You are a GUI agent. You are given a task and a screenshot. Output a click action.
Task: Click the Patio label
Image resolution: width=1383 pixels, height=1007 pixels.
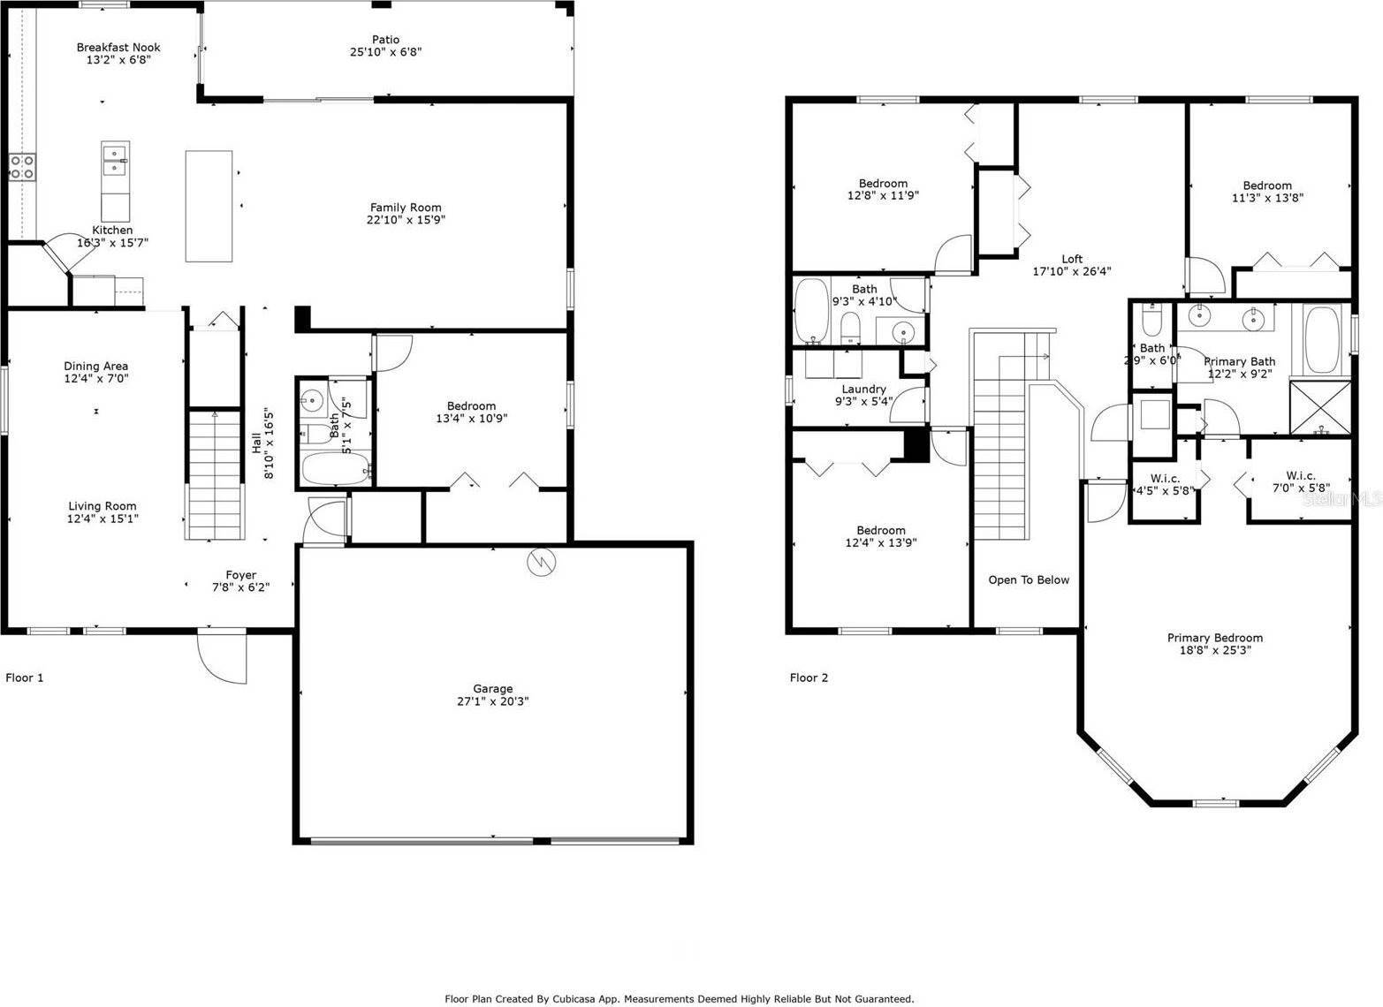(x=385, y=40)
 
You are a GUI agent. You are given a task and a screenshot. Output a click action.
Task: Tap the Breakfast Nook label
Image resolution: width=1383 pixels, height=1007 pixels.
(x=118, y=48)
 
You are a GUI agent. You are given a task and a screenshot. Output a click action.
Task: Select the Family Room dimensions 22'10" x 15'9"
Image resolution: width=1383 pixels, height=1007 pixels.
(x=407, y=220)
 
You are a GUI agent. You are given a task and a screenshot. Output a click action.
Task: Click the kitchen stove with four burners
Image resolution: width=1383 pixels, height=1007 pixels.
(x=22, y=167)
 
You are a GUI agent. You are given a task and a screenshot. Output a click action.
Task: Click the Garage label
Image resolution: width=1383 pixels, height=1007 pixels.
(x=492, y=689)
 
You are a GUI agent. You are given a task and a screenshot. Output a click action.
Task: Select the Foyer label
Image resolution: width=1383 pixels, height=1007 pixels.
(x=240, y=575)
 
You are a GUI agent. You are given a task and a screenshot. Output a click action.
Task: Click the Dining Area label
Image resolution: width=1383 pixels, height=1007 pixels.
(x=95, y=366)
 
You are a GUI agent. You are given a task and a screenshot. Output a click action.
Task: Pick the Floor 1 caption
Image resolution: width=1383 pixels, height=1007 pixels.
(x=25, y=678)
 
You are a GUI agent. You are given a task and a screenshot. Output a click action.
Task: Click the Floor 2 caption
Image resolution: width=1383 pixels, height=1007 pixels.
(x=809, y=678)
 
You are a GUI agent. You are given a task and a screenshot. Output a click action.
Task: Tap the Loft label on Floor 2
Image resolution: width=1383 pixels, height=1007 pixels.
(x=1072, y=259)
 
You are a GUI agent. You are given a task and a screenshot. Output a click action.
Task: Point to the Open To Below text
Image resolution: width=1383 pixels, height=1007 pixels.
(x=1029, y=580)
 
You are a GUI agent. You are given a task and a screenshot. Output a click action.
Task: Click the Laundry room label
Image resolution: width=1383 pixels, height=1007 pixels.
(x=863, y=389)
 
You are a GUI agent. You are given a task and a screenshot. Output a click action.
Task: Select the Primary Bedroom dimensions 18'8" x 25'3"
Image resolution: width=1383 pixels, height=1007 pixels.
(x=1214, y=650)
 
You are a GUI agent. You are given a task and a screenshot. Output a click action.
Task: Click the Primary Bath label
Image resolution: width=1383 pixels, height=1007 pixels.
(x=1239, y=361)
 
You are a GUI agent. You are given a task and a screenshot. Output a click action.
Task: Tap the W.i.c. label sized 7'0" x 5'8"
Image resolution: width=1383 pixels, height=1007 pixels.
(x=1301, y=475)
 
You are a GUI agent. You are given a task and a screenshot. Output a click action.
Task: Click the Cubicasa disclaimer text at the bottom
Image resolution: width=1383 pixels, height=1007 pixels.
(x=679, y=999)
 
